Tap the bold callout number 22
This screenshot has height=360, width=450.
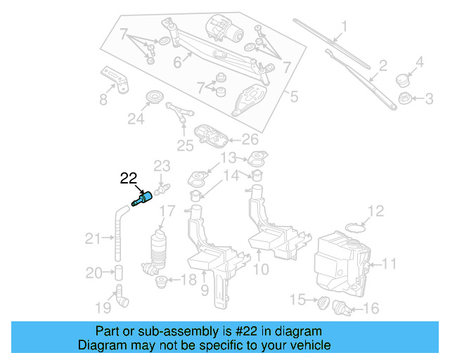pyautogui.click(x=129, y=179)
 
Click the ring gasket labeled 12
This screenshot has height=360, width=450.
pyautogui.click(x=358, y=226)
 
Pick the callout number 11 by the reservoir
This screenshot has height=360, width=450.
pyautogui.click(x=390, y=264)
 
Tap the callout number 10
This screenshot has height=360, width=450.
pyautogui.click(x=260, y=269)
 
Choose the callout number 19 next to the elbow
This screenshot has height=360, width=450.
pyautogui.click(x=103, y=307)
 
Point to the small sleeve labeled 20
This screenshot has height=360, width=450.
pyautogui.click(x=119, y=272)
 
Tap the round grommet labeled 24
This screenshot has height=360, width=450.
pyautogui.click(x=152, y=96)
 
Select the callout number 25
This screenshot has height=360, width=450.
pyautogui.click(x=184, y=146)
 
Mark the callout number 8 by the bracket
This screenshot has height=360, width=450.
pyautogui.click(x=103, y=98)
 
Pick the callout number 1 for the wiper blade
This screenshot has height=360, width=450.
pyautogui.click(x=345, y=29)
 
